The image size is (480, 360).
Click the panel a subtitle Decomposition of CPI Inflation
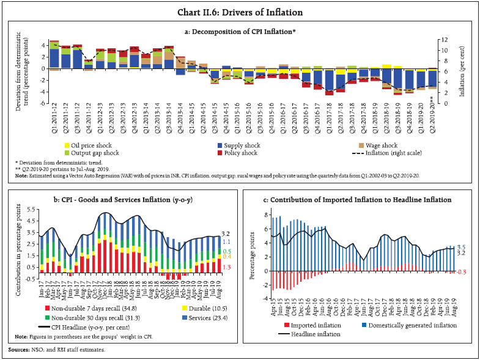click(240, 29)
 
